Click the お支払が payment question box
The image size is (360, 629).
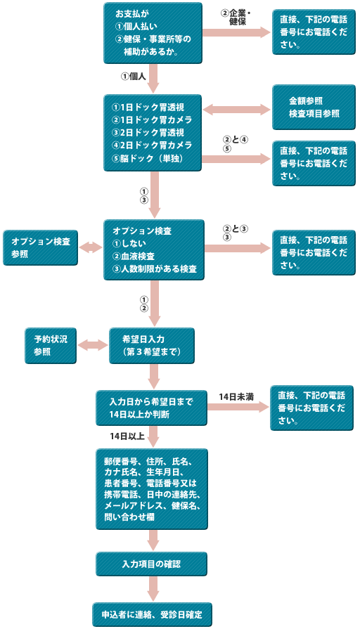(153, 33)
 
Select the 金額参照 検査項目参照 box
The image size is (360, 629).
(314, 107)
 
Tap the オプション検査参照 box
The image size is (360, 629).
(41, 247)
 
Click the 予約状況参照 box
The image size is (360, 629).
(51, 346)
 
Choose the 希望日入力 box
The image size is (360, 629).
(152, 346)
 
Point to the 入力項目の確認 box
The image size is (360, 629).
(151, 564)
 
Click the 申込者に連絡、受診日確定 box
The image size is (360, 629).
(152, 614)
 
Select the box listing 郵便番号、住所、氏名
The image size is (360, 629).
(152, 489)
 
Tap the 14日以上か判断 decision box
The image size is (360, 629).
(151, 408)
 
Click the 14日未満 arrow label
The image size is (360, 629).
(236, 397)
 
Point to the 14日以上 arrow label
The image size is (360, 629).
(127, 436)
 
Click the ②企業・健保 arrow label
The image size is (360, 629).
(236, 18)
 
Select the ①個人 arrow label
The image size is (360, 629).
(134, 76)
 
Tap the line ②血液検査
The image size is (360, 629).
(134, 256)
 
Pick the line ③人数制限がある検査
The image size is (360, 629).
(155, 268)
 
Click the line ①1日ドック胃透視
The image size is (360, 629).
(148, 108)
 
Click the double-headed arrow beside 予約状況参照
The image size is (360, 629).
(93, 345)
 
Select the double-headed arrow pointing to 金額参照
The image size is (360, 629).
(237, 109)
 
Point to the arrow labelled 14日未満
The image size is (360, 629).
(238, 407)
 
